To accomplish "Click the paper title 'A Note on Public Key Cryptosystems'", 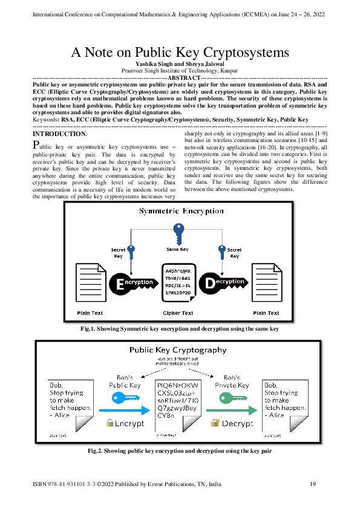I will click(180, 53).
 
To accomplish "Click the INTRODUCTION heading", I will click(59, 133).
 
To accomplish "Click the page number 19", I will click(313, 484).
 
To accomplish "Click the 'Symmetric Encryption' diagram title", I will click(181, 211).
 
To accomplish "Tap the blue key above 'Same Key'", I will click(178, 232).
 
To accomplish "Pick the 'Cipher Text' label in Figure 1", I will click(178, 313).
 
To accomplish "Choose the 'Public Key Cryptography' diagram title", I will click(178, 349).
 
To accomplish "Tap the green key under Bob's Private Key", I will click(232, 397).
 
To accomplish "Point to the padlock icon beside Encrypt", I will click(110, 424).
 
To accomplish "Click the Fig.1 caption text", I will click(180, 328).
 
